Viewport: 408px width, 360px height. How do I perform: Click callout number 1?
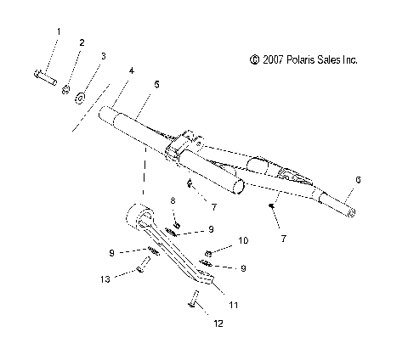(59, 31)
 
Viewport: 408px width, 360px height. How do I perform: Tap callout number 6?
(358, 179)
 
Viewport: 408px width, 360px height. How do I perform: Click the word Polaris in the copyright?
(302, 60)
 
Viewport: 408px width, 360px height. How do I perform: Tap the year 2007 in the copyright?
(273, 60)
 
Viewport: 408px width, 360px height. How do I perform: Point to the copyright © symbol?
(254, 60)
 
